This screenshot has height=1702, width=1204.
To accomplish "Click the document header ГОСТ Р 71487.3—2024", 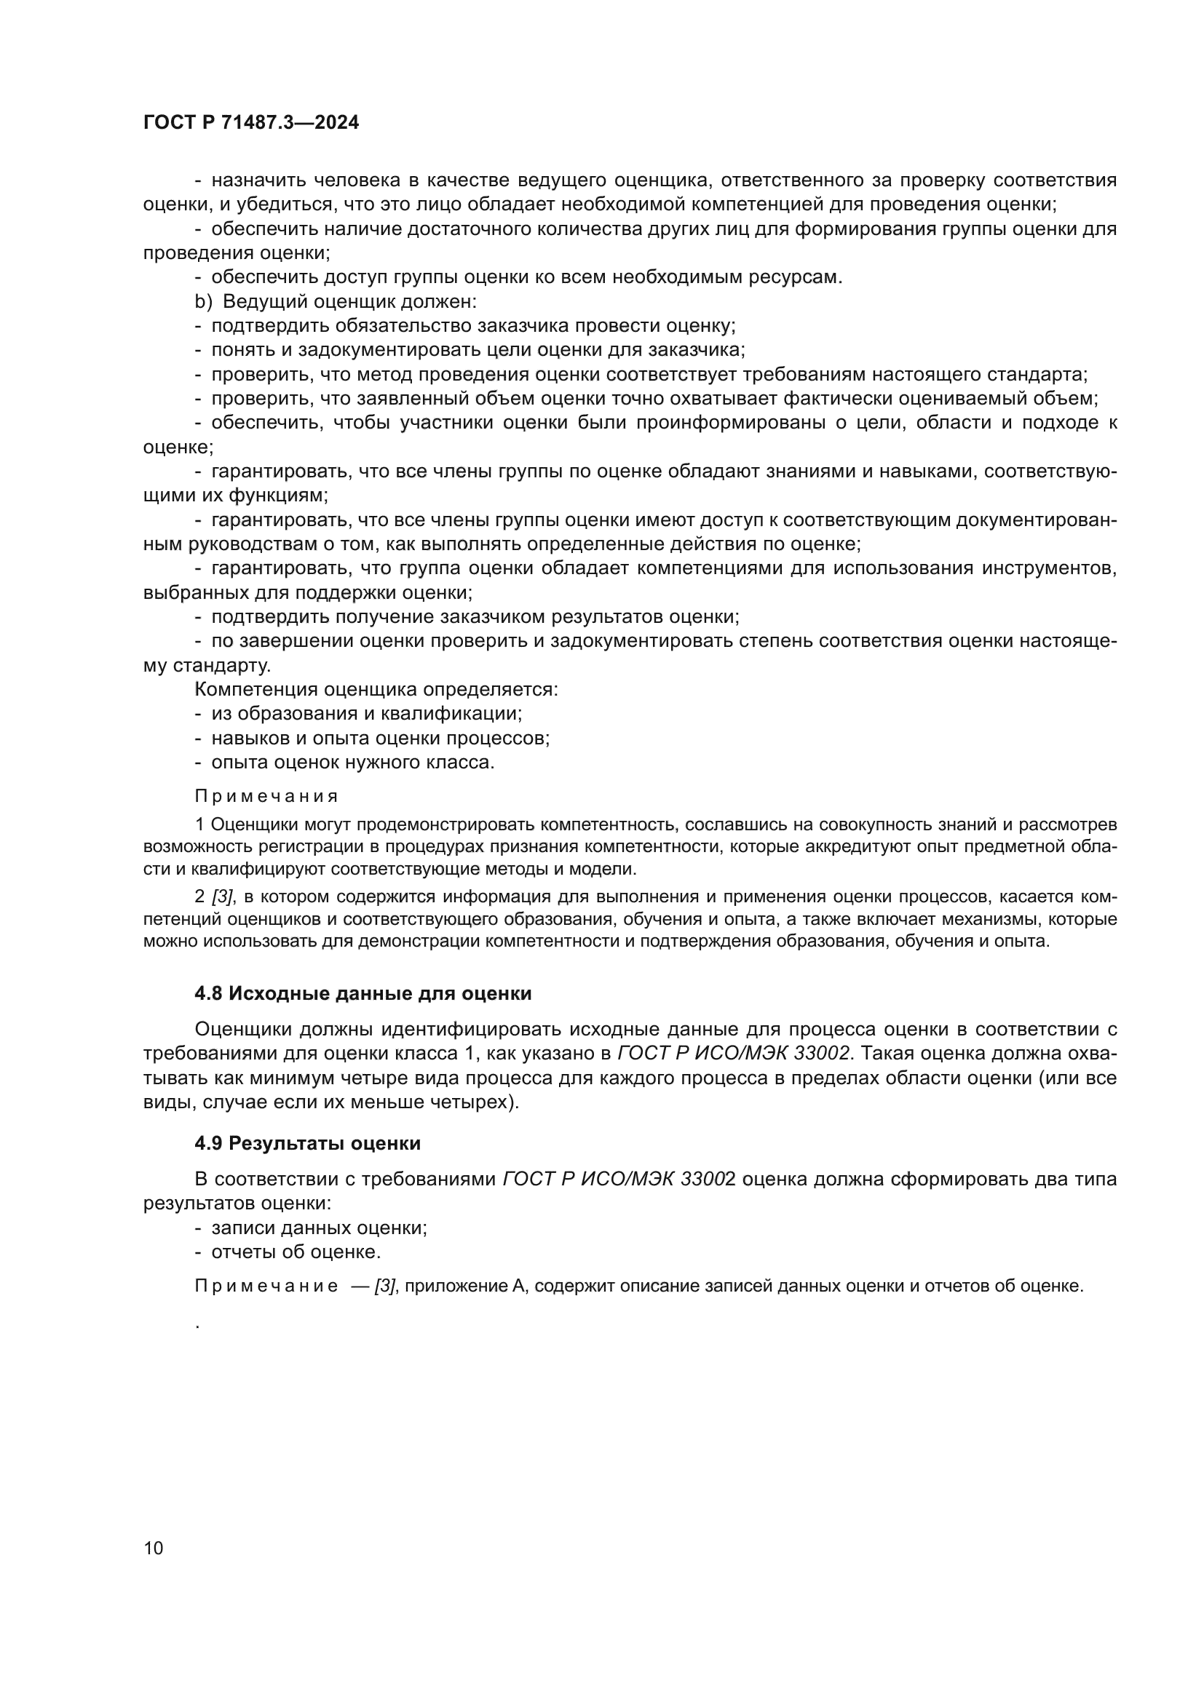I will [250, 122].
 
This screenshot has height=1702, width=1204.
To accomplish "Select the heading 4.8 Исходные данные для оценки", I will [363, 993].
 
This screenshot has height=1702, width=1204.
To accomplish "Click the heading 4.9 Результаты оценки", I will [307, 1143].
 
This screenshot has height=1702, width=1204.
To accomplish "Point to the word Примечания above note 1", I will [266, 796].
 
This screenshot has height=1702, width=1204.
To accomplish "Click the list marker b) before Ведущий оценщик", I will [203, 302].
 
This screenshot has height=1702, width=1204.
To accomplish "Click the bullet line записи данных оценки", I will [319, 1228].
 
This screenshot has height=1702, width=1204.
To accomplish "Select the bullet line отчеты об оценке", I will [296, 1252].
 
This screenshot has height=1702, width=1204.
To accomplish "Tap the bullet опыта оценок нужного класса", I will [352, 762].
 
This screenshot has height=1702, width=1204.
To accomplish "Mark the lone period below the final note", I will [198, 1324].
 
